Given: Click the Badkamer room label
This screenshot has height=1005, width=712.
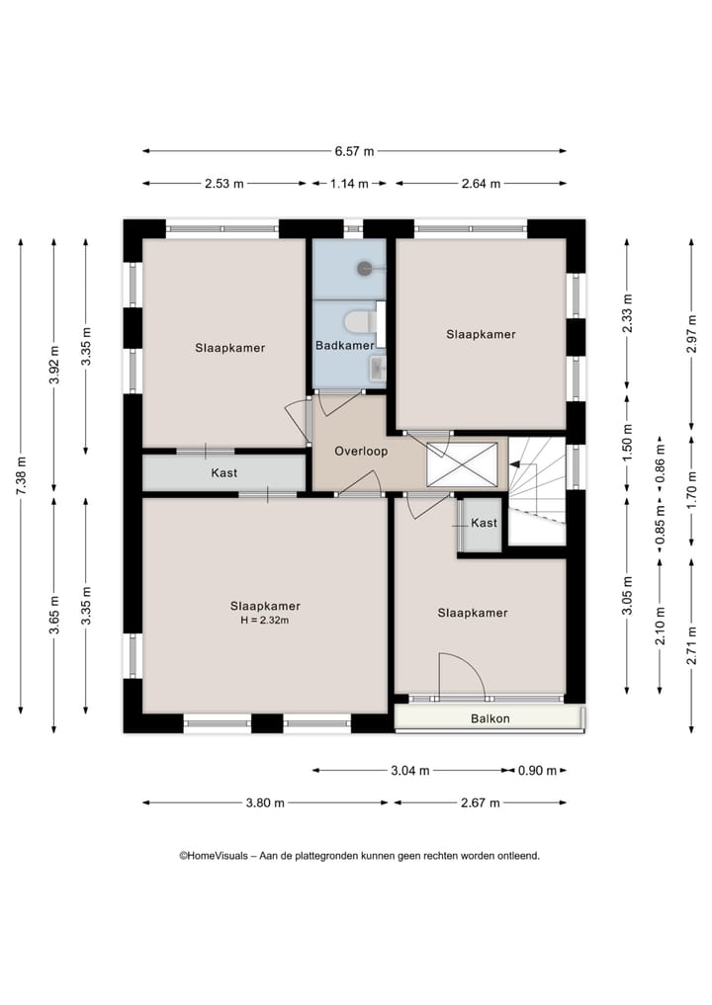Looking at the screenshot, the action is click(x=344, y=346).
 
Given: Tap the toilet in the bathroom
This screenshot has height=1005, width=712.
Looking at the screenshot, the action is click(x=359, y=322).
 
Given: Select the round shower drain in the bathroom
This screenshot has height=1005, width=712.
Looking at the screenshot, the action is click(x=365, y=269).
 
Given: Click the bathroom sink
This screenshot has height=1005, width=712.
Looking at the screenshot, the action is click(x=378, y=369).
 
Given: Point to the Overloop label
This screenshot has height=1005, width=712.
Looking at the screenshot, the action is click(x=361, y=452).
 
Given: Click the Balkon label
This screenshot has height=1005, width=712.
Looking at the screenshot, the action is click(x=490, y=718).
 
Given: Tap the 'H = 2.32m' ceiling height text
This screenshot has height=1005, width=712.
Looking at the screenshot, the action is click(x=265, y=621).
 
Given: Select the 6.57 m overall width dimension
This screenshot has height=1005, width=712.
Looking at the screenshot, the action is click(x=354, y=151).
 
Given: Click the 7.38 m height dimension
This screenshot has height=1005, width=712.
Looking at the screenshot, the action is click(x=21, y=475).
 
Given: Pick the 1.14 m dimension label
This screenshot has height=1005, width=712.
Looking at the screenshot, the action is click(x=349, y=183).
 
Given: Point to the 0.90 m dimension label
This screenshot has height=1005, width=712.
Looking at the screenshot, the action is click(x=537, y=771).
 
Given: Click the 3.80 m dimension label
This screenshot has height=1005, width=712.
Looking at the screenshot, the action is click(x=265, y=802).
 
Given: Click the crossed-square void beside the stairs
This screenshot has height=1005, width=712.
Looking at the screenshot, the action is click(x=462, y=464).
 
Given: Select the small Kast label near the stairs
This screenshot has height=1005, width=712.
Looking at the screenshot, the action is click(x=484, y=523).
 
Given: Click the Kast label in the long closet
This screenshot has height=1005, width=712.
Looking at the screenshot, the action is click(x=223, y=473).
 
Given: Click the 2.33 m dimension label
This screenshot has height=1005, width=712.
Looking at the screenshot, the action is click(x=627, y=313).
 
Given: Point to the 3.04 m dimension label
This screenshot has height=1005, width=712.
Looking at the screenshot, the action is click(x=409, y=771).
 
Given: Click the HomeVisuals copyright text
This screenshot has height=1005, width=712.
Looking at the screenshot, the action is click(x=359, y=855).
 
